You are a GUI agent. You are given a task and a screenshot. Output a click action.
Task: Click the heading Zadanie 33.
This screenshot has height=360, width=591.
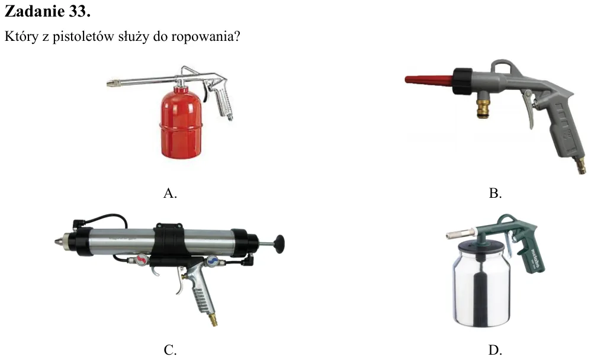(x=47, y=12)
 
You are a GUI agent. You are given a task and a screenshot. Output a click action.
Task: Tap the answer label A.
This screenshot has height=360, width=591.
(x=170, y=193)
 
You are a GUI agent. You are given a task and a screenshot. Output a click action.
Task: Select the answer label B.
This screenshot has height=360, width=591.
(x=495, y=193)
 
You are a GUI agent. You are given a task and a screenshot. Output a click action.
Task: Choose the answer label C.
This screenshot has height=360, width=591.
(x=170, y=350)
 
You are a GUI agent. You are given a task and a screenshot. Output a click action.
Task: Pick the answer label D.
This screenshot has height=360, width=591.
(x=495, y=350)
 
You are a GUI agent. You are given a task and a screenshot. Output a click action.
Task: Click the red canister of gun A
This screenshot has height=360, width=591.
(x=181, y=123)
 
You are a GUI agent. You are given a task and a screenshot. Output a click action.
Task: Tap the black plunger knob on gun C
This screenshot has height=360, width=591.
(x=279, y=244)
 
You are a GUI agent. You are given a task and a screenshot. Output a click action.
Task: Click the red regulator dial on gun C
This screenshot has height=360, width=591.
(x=142, y=260)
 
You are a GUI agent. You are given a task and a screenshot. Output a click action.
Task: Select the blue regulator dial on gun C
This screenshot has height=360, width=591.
(x=213, y=260)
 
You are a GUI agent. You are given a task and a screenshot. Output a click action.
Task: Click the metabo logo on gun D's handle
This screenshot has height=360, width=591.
(x=535, y=258)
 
